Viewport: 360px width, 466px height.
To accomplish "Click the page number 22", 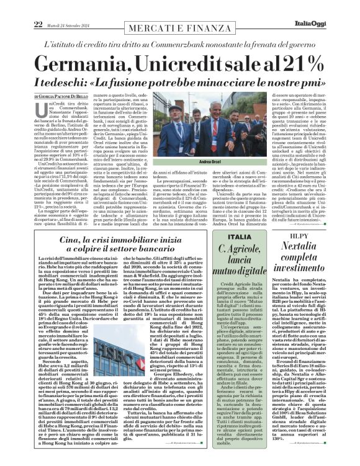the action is pos(20,7).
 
